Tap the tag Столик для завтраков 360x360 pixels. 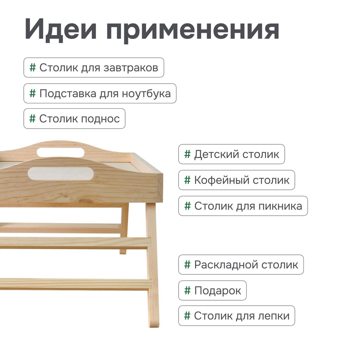coord(94,68)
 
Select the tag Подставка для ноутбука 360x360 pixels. coord(100,94)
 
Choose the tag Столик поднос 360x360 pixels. coord(75,119)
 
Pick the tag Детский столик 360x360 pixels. coord(231,154)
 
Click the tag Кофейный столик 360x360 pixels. coord(237,180)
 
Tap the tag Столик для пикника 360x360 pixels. coord(243,206)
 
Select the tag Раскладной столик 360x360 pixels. coord(241,265)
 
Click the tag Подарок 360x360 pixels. coord(212,291)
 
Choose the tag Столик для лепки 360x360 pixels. coord(237,316)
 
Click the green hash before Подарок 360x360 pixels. coord(187,291)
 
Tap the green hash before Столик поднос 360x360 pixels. coord(32,119)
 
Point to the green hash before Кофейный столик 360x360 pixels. coord(187,180)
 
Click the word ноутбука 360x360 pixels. coord(146,94)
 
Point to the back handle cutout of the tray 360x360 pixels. coord(60,152)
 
